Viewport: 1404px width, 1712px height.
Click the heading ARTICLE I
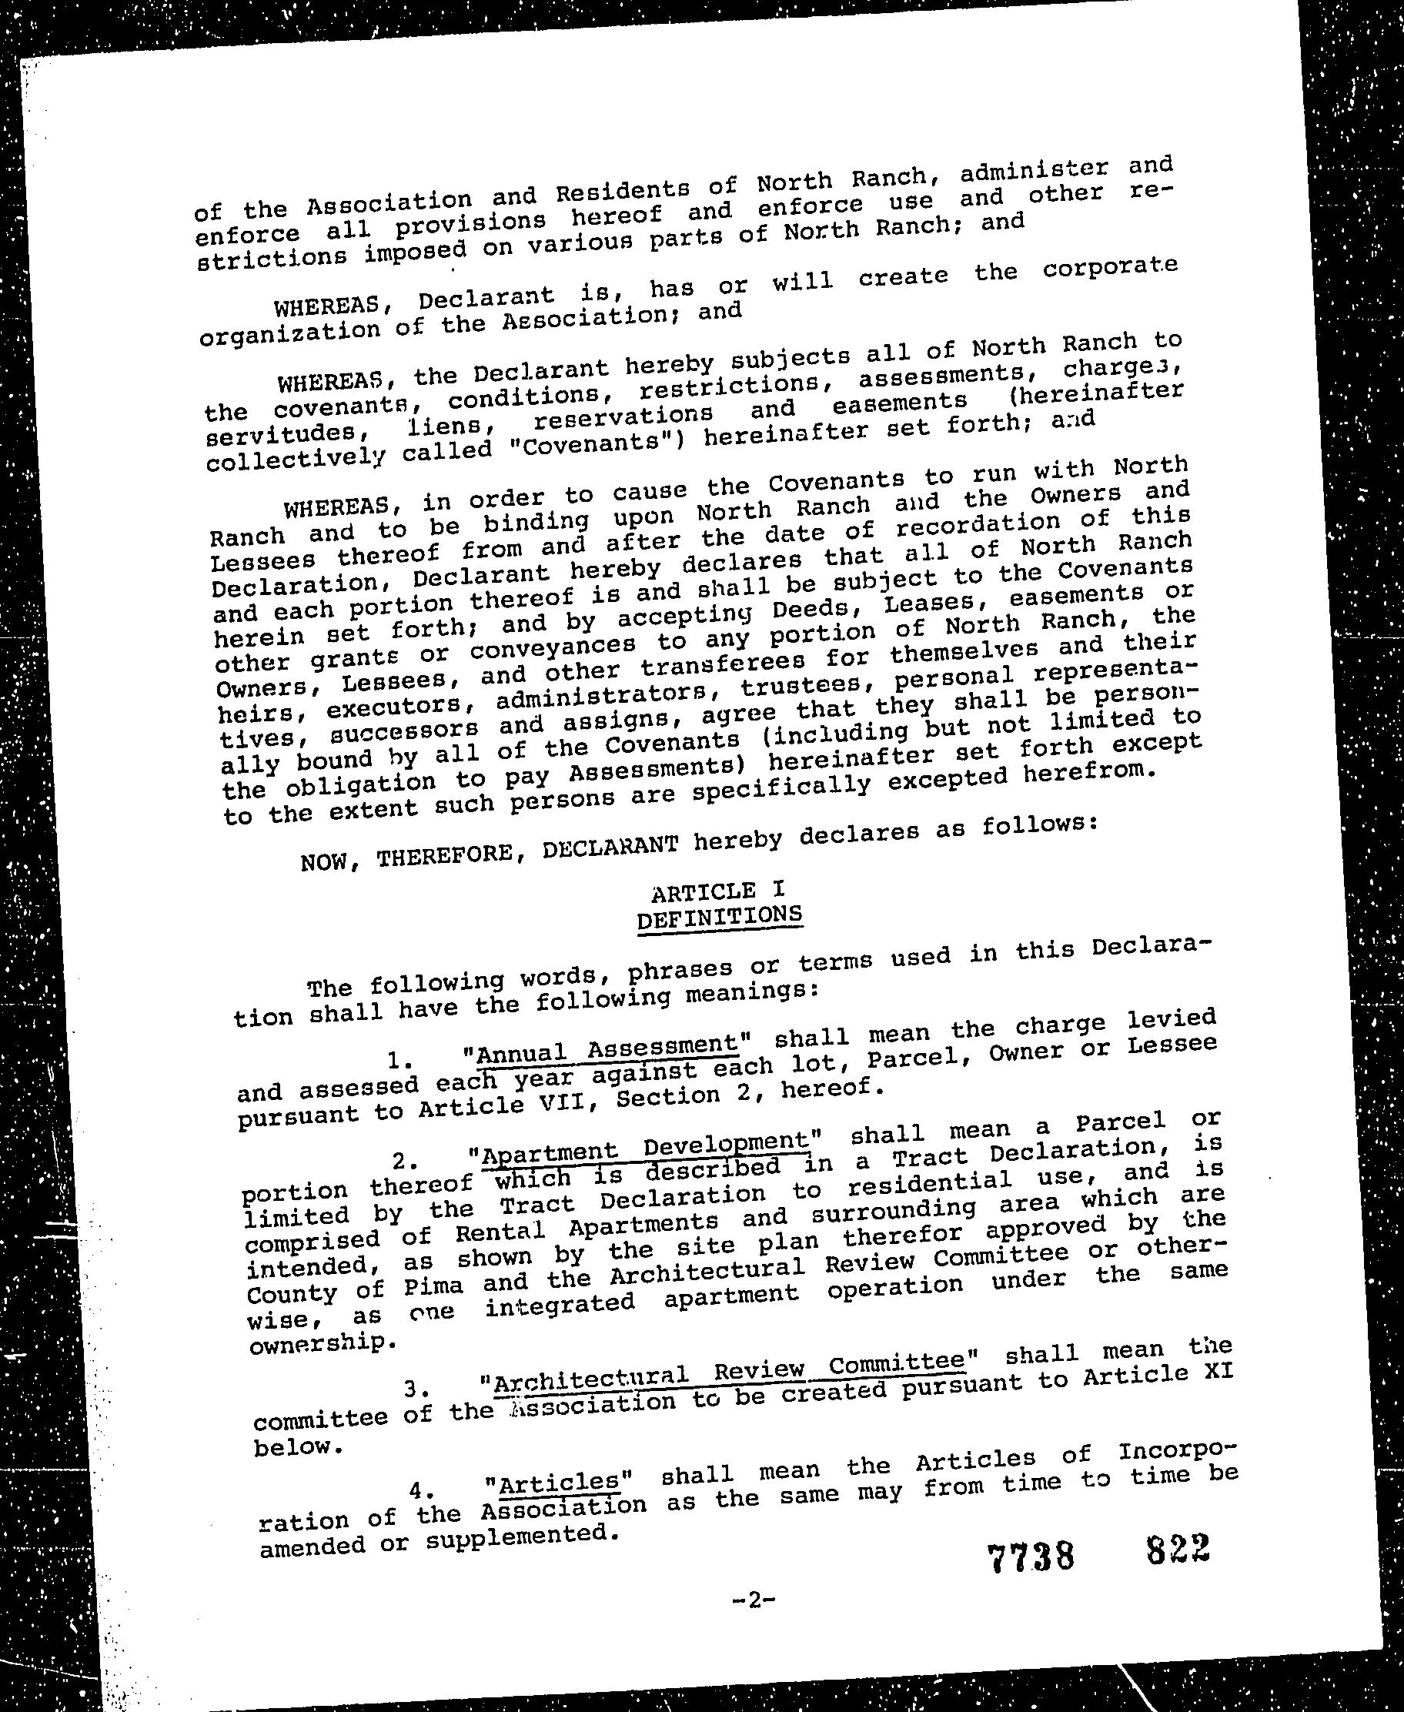pyautogui.click(x=717, y=891)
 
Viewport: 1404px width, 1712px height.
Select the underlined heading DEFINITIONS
pyautogui.click(x=720, y=917)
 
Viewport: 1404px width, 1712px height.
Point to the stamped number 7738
pyautogui.click(x=1031, y=1556)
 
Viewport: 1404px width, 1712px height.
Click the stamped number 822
pyautogui.click(x=1178, y=1549)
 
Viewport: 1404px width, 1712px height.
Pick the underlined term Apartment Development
pyautogui.click(x=644, y=1147)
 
